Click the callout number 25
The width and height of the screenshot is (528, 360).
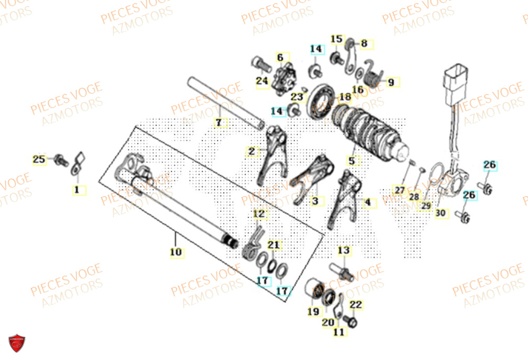click(x=39, y=159)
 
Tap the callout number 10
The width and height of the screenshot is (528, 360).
click(x=176, y=252)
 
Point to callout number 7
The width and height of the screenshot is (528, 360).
click(x=219, y=123)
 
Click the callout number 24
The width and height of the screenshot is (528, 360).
click(x=262, y=81)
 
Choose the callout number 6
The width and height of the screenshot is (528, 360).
click(x=280, y=57)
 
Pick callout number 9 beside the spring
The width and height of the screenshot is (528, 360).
click(x=391, y=82)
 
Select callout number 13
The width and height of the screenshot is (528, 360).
click(x=344, y=250)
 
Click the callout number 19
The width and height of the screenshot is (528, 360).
click(x=313, y=311)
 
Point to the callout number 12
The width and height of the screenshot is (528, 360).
click(x=259, y=214)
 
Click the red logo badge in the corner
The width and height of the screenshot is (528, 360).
click(x=17, y=343)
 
